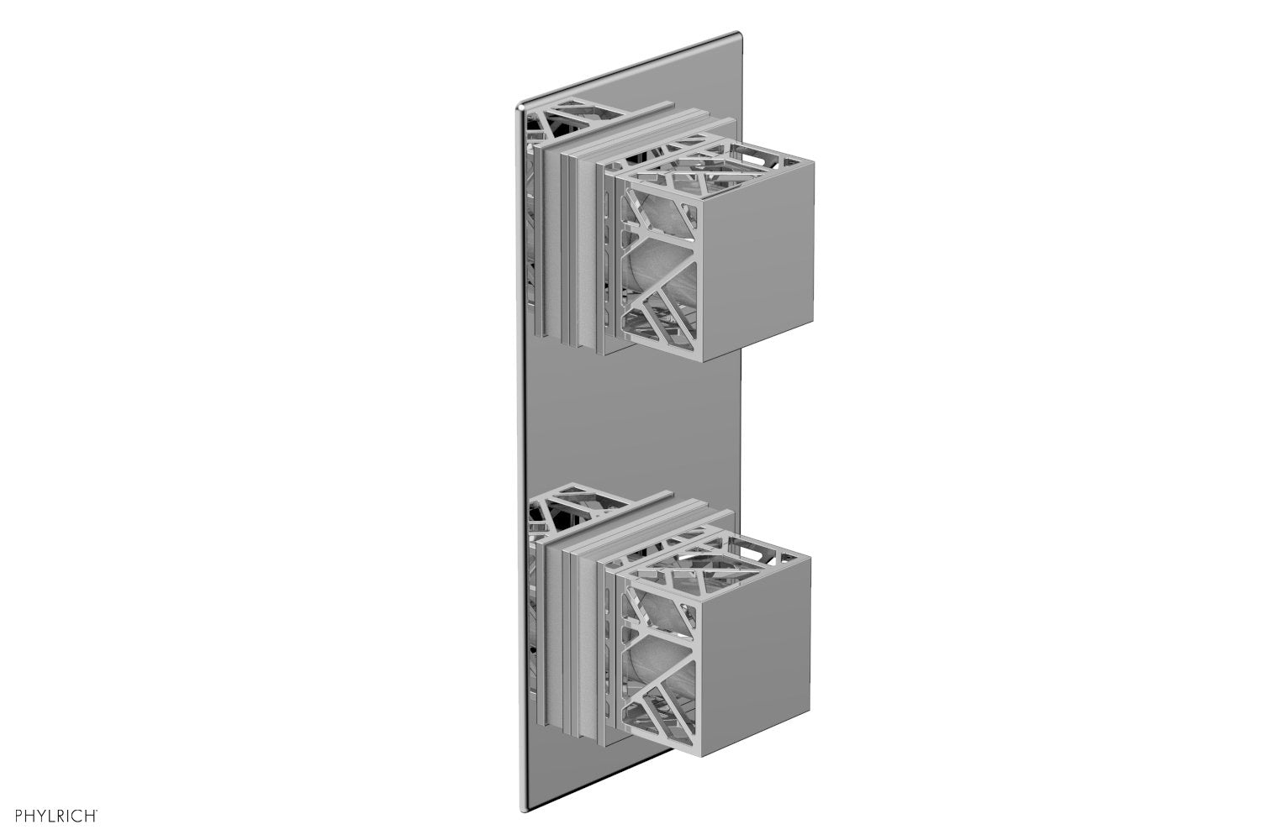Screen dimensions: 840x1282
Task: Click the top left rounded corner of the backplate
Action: [x=520, y=107]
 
